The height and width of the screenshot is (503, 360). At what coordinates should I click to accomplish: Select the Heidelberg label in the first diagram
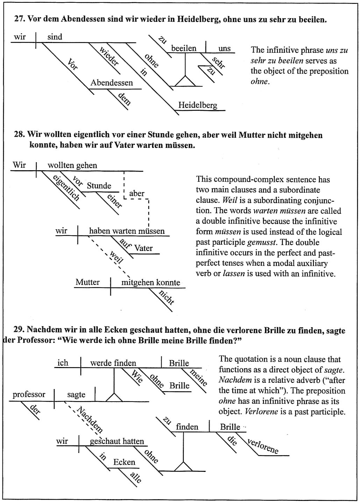tap(198, 105)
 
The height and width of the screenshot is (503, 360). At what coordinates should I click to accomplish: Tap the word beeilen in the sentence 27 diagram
tap(184, 48)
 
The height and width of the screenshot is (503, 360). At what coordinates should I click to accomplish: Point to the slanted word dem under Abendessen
tap(125, 99)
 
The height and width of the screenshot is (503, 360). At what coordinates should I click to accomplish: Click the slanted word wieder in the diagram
tap(110, 57)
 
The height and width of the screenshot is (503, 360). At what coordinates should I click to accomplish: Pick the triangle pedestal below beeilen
tap(185, 82)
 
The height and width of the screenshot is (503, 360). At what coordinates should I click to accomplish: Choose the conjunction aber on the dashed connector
tap(136, 194)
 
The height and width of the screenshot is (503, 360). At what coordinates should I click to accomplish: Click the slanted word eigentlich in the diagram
tap(66, 188)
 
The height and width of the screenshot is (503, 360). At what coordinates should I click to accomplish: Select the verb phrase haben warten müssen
tap(127, 231)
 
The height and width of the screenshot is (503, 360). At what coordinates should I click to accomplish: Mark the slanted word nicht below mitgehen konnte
tap(167, 297)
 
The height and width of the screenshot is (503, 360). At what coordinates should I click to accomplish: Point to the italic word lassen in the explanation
tap(233, 274)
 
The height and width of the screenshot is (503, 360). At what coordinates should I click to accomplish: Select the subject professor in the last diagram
tap(29, 395)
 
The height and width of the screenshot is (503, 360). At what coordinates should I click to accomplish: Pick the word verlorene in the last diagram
tap(263, 446)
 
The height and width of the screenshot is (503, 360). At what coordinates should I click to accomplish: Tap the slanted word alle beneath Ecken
tap(136, 477)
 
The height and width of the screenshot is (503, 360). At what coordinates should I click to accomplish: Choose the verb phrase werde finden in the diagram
tap(113, 363)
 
